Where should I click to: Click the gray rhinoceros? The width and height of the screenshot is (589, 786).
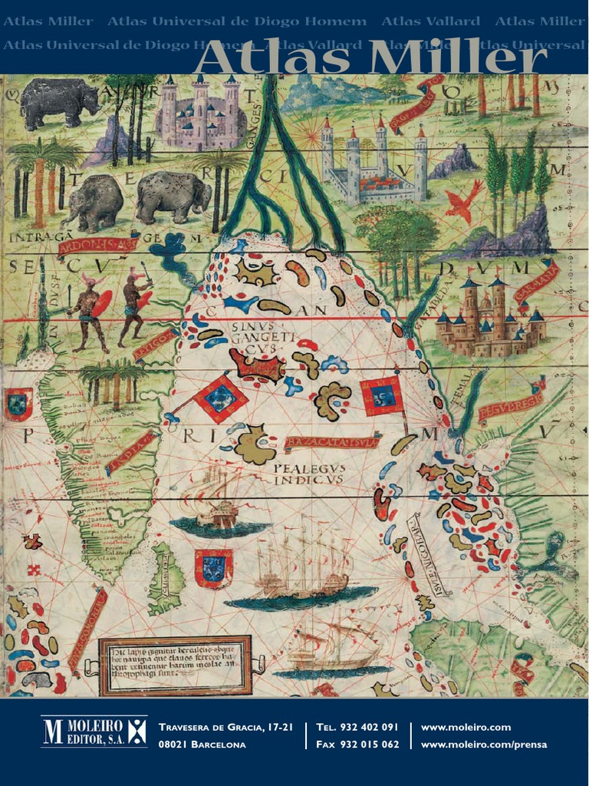[58, 101]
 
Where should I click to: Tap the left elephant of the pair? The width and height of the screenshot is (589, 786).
[94, 201]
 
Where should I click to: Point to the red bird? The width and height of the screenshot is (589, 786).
[464, 202]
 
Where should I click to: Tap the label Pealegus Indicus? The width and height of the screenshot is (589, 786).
[309, 473]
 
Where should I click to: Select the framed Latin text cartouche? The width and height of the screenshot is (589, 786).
[177, 664]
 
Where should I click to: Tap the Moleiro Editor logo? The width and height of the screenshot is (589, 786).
[94, 733]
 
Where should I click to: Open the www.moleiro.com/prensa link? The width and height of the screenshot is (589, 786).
[484, 744]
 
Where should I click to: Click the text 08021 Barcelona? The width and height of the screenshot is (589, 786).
[202, 744]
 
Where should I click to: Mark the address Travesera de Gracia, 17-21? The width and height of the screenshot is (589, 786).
[225, 727]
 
